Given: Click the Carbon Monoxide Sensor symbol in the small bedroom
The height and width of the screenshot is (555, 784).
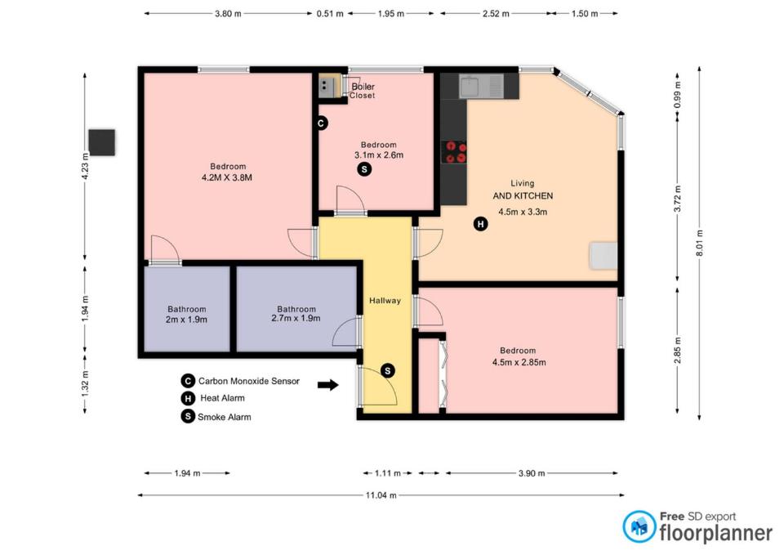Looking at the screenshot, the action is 321,123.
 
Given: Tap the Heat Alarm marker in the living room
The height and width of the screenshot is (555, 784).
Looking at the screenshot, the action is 480,224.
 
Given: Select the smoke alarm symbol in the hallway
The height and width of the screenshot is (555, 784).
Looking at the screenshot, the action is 387,371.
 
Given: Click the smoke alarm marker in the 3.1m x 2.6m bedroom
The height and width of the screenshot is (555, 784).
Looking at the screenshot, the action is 364,169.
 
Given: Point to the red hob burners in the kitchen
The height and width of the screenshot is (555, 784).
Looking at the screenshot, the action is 456,152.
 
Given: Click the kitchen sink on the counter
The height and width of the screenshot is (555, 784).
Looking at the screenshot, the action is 480,87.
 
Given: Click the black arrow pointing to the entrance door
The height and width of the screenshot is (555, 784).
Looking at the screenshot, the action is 328,385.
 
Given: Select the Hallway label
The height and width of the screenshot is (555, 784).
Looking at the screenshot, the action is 385,301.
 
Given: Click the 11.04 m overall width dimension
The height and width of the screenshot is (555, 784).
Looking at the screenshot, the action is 381,495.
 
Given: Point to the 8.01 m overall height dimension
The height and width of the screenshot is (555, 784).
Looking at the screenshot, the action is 699,244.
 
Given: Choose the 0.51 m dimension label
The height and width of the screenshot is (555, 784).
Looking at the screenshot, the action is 330,14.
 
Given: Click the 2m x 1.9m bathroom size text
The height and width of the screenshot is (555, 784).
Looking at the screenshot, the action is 186,320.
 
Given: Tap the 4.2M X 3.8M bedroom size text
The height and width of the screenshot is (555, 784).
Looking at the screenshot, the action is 227,177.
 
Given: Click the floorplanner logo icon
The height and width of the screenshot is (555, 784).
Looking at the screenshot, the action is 639,526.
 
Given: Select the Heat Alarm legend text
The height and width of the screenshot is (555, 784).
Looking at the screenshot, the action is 222,398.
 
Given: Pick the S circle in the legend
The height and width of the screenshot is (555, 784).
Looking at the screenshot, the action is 188,416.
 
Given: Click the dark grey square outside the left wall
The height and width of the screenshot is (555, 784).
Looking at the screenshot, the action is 102,142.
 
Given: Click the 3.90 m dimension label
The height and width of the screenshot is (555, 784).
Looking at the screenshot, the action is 532,473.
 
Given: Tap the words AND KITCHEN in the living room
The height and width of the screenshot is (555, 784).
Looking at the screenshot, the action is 523,195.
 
